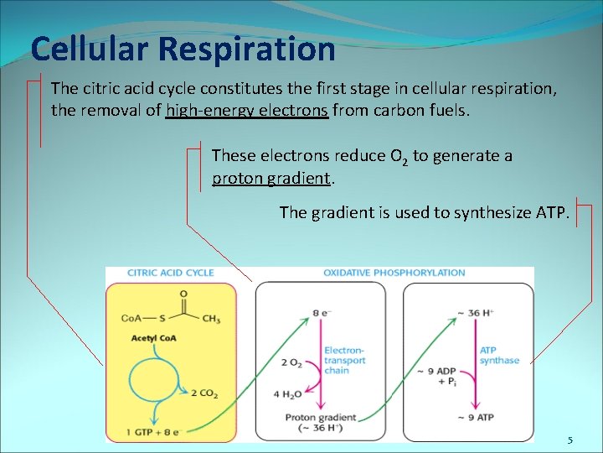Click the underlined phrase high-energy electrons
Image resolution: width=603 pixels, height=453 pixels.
247,110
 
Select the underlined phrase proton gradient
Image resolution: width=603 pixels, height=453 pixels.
272,178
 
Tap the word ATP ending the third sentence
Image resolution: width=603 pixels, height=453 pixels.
552,212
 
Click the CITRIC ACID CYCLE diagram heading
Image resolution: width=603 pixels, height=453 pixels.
170,273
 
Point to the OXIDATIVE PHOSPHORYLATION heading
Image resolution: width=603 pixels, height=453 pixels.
394,273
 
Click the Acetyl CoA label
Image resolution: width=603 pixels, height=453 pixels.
153,338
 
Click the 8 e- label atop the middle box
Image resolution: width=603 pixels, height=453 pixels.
322,312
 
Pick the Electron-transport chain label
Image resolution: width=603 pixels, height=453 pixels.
344,360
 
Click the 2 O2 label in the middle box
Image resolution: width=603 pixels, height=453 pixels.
291,362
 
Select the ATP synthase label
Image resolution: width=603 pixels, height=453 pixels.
499,355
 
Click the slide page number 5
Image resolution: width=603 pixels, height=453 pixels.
569,440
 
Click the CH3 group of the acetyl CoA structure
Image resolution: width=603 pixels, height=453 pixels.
211,320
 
